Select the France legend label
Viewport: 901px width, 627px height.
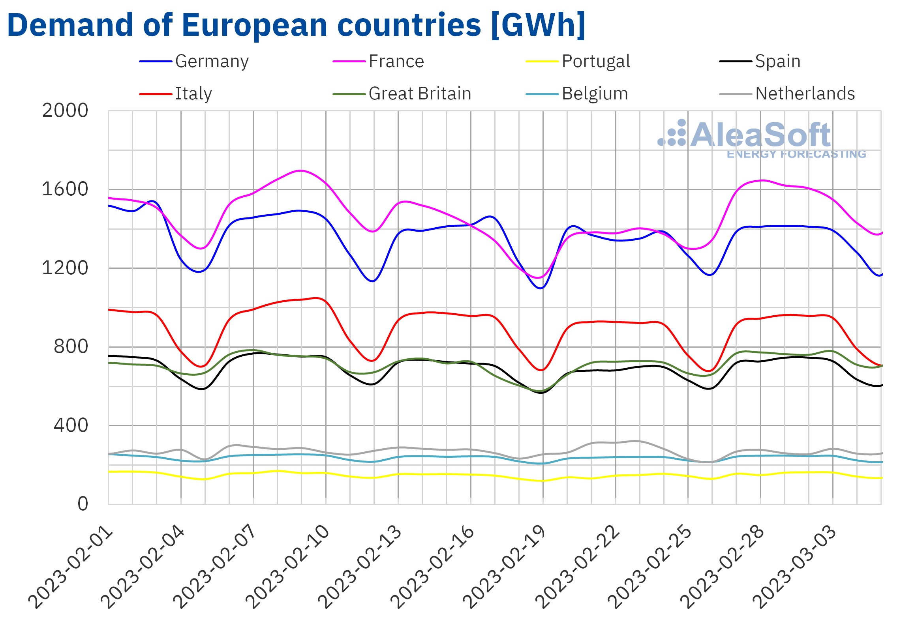click(396, 62)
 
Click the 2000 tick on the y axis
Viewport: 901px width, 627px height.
click(65, 111)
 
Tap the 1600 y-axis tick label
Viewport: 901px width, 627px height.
click(65, 189)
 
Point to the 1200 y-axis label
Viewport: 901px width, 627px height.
click(65, 268)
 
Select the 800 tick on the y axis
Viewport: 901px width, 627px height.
click(71, 347)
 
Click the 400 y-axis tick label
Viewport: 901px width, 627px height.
click(71, 426)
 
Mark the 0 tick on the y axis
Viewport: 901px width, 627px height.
click(83, 504)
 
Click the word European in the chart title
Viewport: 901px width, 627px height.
click(254, 26)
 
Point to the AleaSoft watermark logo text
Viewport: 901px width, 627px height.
click(760, 135)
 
